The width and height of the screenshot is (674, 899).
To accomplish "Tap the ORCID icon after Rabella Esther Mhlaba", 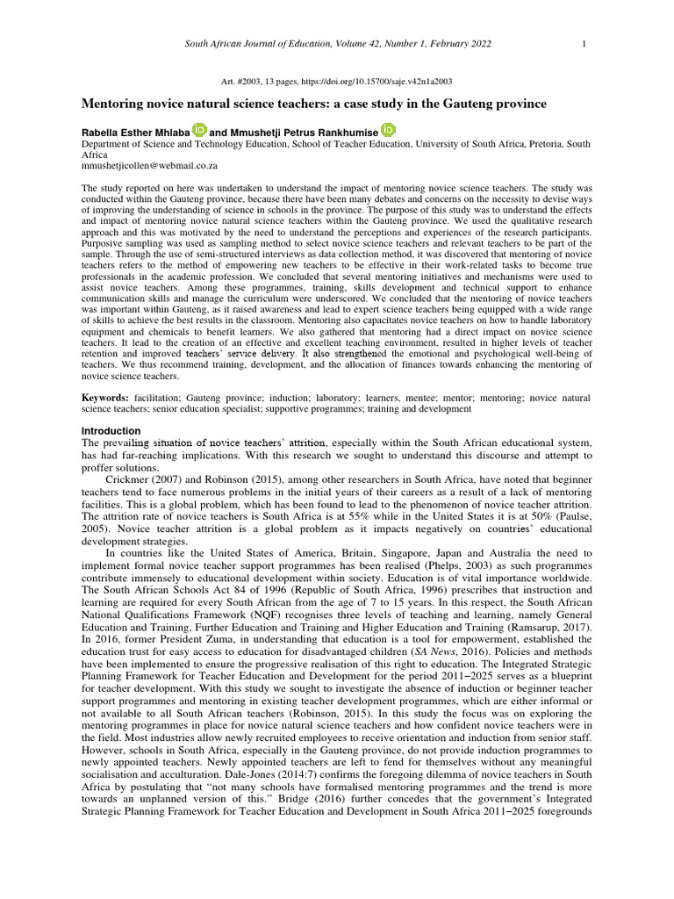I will click(199, 130).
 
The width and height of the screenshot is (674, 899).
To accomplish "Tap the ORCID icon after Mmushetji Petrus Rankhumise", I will click(388, 130).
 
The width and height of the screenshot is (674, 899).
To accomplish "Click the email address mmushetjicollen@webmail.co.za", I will click(149, 164).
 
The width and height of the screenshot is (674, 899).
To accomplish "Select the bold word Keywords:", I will click(106, 398).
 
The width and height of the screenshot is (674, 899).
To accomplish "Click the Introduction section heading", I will click(111, 431).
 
